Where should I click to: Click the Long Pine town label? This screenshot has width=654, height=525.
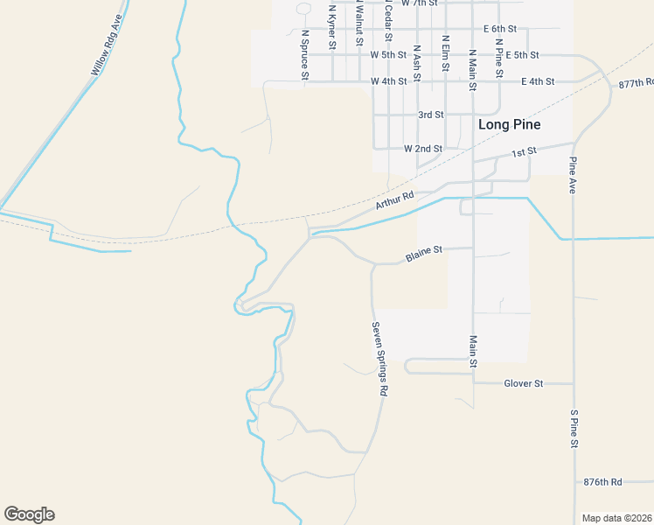click(x=509, y=125)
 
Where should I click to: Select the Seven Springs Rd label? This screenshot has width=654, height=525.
click(x=379, y=360)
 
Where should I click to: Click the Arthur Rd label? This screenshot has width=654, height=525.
click(x=393, y=201)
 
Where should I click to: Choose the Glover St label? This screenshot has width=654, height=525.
click(x=524, y=384)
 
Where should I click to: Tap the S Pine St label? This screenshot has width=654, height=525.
click(x=574, y=429)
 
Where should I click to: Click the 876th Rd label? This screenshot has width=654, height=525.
click(x=602, y=482)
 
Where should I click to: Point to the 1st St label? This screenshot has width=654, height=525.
click(x=523, y=152)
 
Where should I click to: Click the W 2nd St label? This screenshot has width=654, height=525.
click(x=422, y=149)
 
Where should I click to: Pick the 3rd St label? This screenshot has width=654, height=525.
click(x=430, y=115)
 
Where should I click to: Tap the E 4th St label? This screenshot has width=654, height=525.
click(x=538, y=81)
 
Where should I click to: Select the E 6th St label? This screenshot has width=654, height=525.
click(x=501, y=29)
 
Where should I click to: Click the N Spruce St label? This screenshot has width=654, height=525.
click(x=305, y=55)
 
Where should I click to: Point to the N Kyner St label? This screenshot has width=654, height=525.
click(x=332, y=26)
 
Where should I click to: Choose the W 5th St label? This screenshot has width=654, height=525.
click(x=388, y=54)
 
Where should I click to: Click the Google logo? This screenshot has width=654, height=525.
click(x=29, y=514)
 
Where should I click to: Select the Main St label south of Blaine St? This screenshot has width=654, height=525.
click(x=473, y=351)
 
